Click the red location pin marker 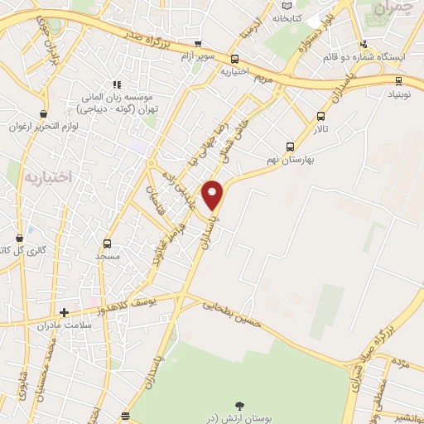pyautogui.click(x=213, y=194)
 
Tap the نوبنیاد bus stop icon pyautogui.click(x=400, y=80)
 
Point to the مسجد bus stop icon pyautogui.click(x=107, y=243)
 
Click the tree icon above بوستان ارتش pyautogui.click(x=239, y=405)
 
